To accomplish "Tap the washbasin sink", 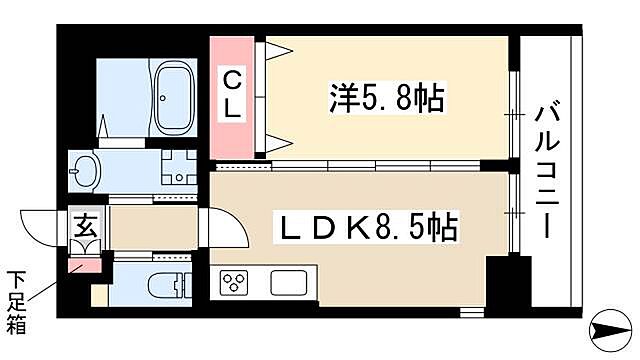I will click(85, 172).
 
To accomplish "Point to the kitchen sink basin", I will click(289, 282).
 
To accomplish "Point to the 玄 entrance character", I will click(81, 225).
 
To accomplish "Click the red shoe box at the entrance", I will click(80, 264).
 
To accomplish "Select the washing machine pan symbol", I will click(177, 171).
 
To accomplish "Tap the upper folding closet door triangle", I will click(273, 54).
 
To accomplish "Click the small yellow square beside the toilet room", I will click(99, 296).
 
